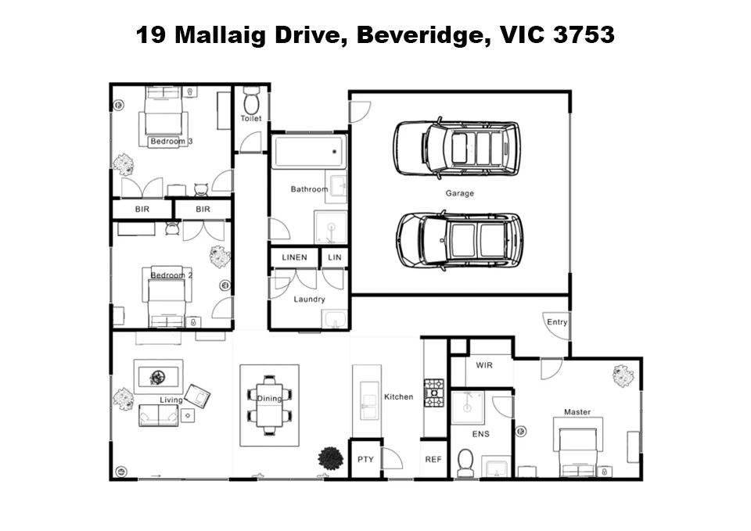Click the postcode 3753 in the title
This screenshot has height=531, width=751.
coord(583,35)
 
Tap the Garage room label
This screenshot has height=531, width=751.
coord(459,193)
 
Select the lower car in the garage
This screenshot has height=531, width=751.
coord(458,239)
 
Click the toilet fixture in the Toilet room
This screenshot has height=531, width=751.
coord(251,101)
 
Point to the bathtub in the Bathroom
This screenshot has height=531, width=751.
coord(309,152)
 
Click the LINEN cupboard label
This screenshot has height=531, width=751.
coord(294,257)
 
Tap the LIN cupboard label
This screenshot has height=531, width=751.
coord(334,257)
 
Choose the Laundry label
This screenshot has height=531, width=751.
coord(309,299)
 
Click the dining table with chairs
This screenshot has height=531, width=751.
coord(269,405)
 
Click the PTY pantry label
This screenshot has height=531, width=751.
coord(365,460)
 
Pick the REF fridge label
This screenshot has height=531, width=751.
coord(433,460)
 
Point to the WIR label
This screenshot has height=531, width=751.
coord(484,365)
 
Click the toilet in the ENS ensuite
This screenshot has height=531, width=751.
coord(465,462)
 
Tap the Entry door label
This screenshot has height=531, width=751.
coord(557,322)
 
